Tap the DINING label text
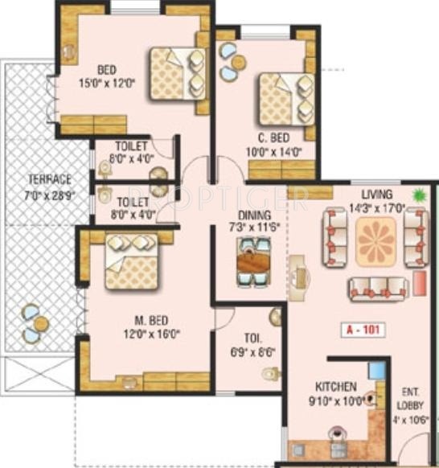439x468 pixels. click(x=255, y=215)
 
